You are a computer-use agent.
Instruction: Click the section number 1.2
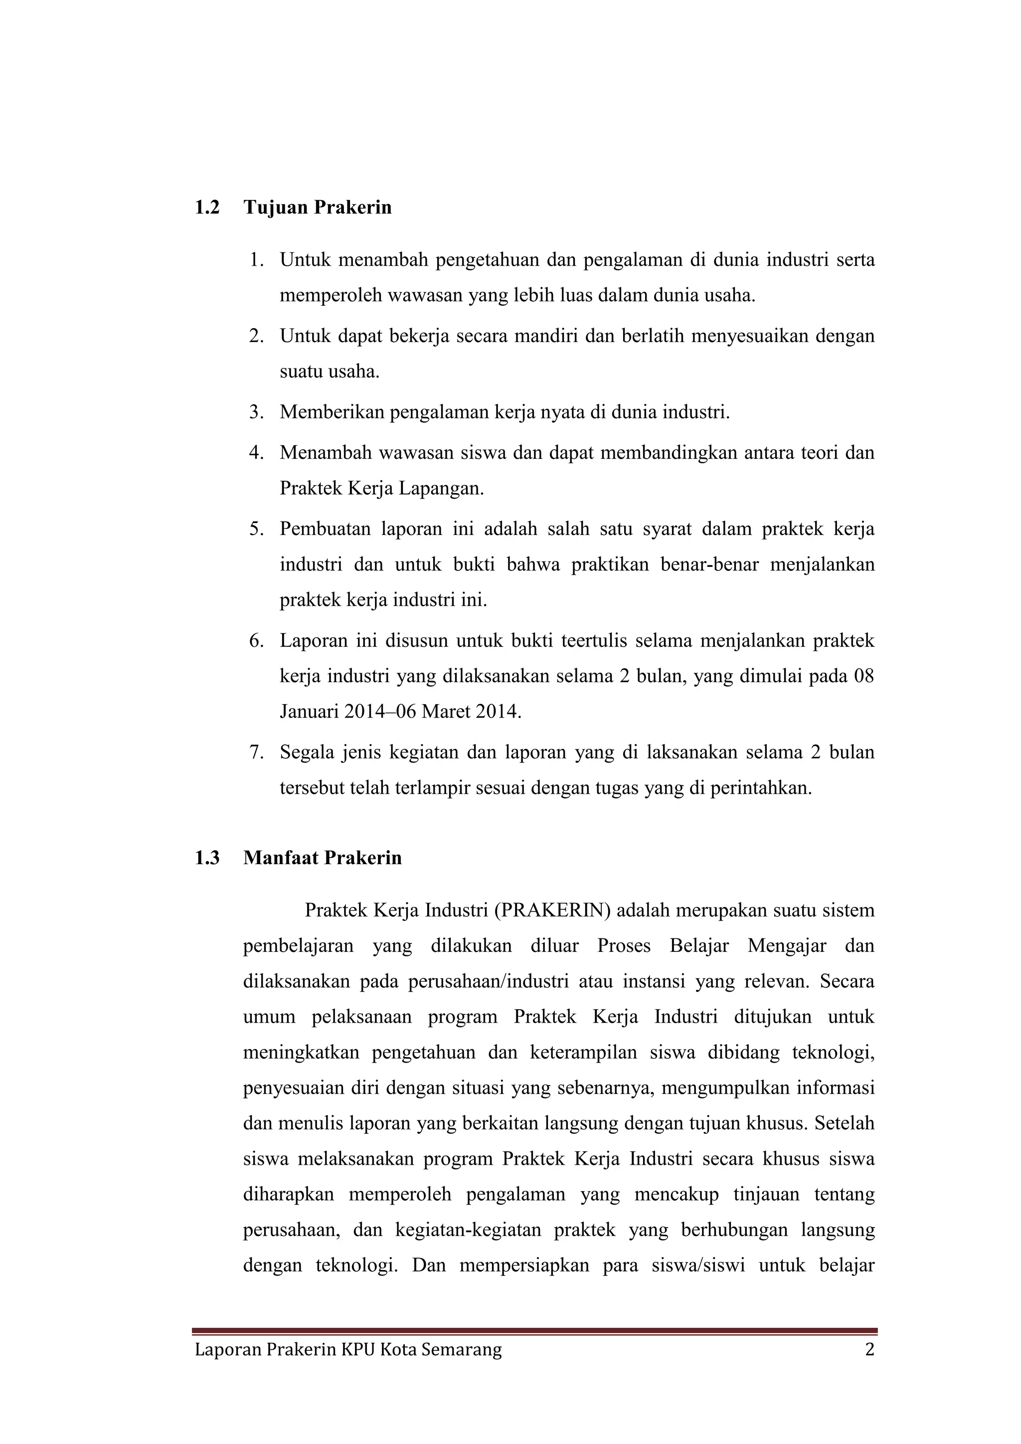coord(207,207)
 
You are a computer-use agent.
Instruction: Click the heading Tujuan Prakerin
coord(318,207)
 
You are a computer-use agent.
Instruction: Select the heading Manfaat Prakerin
coord(323,858)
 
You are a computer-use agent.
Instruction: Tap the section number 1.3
coord(207,858)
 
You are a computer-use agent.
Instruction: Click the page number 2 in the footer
coord(869,1350)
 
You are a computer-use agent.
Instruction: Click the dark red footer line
coord(534,1331)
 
